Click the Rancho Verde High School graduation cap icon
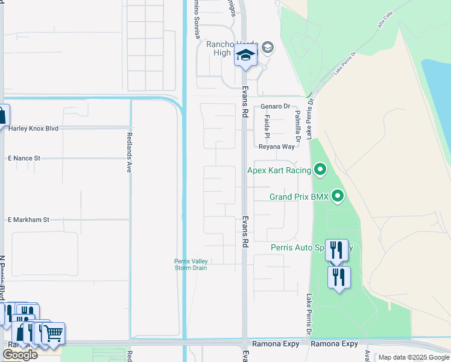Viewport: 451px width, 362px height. pyautogui.click(x=245, y=56)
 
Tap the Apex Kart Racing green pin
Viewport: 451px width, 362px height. pyautogui.click(x=320, y=171)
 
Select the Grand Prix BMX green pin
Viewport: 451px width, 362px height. pyautogui.click(x=338, y=196)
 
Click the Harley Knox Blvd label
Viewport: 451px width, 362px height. pyautogui.click(x=34, y=129)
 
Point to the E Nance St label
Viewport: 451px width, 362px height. pyautogui.click(x=24, y=158)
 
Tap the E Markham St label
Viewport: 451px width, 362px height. pyautogui.click(x=28, y=220)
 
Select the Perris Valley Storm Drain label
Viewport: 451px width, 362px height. pyautogui.click(x=191, y=264)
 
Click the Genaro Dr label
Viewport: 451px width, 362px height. pyautogui.click(x=275, y=107)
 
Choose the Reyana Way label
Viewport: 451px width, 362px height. pyautogui.click(x=276, y=147)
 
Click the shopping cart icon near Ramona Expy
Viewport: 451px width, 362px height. pyautogui.click(x=53, y=332)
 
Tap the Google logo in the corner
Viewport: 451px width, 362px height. pyautogui.click(x=19, y=354)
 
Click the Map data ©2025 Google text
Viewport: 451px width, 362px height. pyautogui.click(x=413, y=357)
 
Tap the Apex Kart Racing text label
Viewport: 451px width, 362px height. pyautogui.click(x=279, y=171)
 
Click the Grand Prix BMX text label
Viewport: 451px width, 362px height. pyautogui.click(x=298, y=197)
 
